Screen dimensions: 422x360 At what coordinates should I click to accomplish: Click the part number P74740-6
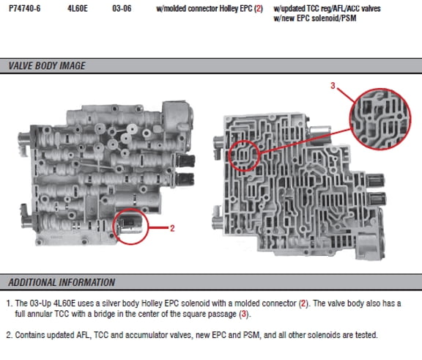(24, 9)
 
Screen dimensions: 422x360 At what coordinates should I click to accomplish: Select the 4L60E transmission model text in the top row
(78, 9)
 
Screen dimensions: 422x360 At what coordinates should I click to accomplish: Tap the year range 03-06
(122, 9)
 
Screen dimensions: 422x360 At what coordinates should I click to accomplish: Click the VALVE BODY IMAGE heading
(47, 66)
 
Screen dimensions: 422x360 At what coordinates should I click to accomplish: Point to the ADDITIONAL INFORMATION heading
(62, 282)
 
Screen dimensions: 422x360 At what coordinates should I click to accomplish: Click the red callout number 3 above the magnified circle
(333, 86)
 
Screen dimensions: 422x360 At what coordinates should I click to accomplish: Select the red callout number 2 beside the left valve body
(172, 228)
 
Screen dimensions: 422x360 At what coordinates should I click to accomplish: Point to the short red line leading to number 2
(158, 228)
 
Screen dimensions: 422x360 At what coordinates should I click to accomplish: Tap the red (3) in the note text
(244, 314)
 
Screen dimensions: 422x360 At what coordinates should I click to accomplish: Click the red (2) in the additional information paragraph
(303, 304)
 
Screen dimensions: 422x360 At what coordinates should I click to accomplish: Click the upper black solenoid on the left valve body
(185, 161)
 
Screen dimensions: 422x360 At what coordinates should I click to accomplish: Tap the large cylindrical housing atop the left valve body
(177, 117)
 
